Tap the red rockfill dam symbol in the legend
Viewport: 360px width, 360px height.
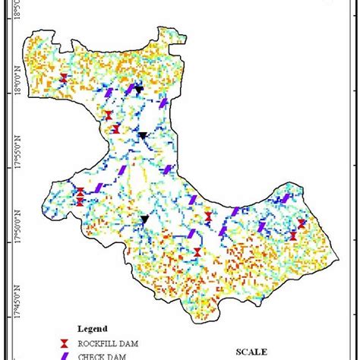click(66, 342)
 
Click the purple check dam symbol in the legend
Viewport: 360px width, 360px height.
click(66, 355)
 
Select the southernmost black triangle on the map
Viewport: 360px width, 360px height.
click(144, 219)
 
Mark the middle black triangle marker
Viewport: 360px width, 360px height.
click(142, 136)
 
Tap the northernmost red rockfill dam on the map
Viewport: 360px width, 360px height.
click(64, 79)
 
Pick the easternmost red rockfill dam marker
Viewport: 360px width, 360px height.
click(302, 223)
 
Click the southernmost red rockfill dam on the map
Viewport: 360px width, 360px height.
click(197, 252)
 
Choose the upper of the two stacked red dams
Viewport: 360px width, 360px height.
click(80, 192)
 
